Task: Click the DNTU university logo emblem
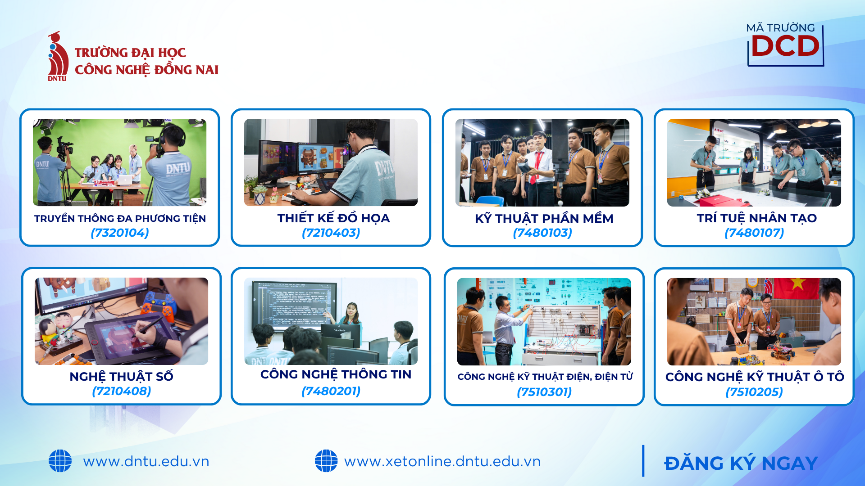pos(58,56)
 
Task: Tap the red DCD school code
pos(785,46)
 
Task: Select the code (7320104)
pos(120,233)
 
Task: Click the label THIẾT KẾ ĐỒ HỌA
pos(333,218)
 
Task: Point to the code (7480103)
pos(542,233)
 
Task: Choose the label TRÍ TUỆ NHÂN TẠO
pos(756,218)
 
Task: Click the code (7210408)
pos(122,391)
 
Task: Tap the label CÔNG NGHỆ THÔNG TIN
pos(336,374)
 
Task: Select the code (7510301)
pos(544,392)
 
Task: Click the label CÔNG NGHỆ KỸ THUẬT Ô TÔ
pos(755,377)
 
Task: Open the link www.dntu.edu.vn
pos(146,461)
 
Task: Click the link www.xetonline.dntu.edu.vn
pos(442,461)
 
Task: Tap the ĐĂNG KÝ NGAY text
pos(741,463)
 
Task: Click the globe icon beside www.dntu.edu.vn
pos(60,461)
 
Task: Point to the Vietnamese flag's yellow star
pos(798,283)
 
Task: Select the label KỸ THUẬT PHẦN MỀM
pos(544,218)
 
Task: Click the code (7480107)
pos(754,233)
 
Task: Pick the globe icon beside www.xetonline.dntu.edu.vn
pos(326,461)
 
